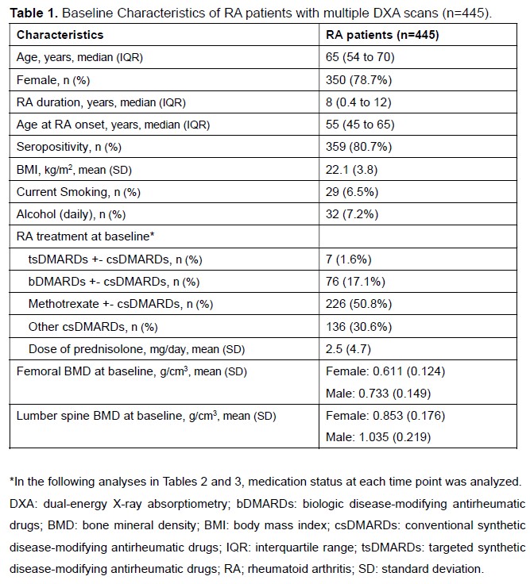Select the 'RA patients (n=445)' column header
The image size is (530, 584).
click(x=383, y=36)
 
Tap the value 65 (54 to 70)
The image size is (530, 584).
click(x=360, y=57)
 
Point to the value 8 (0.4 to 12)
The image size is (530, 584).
click(x=362, y=102)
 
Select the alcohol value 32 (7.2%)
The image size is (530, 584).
click(x=352, y=214)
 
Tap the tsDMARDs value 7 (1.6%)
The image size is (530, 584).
click(x=349, y=259)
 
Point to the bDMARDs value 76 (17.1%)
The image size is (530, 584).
click(x=355, y=281)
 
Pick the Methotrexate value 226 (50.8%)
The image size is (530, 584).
click(x=358, y=304)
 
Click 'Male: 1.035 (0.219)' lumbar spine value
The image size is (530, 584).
click(x=380, y=437)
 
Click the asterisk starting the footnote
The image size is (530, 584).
click(x=13, y=482)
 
